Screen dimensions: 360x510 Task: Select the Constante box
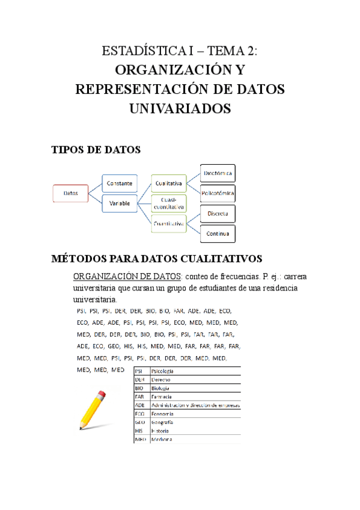120,182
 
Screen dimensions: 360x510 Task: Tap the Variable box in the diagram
120,203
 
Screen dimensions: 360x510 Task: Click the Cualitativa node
169,182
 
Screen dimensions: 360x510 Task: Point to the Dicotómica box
217,173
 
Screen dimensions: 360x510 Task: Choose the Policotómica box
217,193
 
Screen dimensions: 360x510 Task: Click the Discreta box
217,214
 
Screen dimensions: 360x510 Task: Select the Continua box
217,233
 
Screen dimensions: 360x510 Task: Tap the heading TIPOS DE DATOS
97,150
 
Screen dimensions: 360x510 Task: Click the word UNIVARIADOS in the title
180,108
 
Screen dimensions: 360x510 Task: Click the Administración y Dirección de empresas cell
195,405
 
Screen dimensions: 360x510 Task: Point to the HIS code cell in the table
140,431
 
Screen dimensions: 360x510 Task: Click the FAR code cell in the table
140,397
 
